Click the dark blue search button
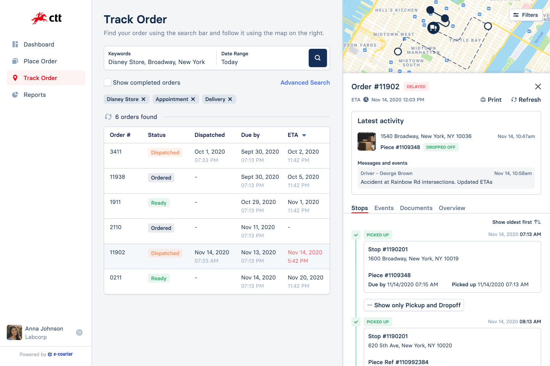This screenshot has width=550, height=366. pos(318,58)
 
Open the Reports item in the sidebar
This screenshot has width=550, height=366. pos(34,95)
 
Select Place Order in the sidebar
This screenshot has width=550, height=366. pos(40,61)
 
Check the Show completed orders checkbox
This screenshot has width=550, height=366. pos(108,83)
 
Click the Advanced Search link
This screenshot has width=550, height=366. pos(305,83)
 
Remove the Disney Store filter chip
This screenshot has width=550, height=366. pos(144,100)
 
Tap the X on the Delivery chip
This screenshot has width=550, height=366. pos(230,100)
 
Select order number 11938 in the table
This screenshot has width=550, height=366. pos(118,177)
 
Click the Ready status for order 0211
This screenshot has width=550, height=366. pos(158,279)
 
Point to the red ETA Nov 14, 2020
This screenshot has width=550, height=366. pos(305,252)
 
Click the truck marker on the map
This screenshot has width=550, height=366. pos(433,28)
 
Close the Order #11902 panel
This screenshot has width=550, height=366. pos(538,87)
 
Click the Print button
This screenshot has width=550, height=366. pos(491,100)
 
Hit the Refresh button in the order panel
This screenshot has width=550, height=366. pos(526,100)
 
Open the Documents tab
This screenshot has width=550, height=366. pos(416,208)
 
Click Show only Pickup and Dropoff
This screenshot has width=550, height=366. pos(414,305)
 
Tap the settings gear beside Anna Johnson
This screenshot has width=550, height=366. pos(79,332)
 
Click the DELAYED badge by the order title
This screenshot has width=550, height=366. pos(416,87)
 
